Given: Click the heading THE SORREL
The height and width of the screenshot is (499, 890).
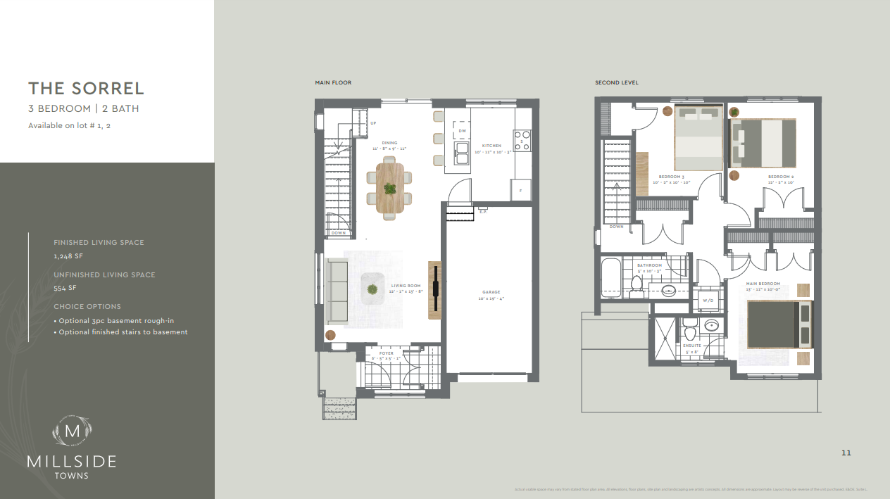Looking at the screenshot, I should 86,89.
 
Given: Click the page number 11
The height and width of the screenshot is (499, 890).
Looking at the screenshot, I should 846,453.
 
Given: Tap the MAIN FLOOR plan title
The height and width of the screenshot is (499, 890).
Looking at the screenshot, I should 333,83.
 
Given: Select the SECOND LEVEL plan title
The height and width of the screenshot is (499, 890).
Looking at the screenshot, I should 617,83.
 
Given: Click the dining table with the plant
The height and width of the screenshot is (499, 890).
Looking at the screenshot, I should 389,188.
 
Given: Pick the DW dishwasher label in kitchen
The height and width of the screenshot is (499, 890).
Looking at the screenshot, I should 462,131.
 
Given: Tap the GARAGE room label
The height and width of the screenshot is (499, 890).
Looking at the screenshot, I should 491,291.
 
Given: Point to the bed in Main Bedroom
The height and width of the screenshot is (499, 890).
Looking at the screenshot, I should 779,324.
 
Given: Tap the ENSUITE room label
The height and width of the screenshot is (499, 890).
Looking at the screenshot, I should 691,346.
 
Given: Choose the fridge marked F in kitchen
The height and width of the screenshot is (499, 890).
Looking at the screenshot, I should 521,190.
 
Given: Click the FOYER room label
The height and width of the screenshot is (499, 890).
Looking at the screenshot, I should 387,353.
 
